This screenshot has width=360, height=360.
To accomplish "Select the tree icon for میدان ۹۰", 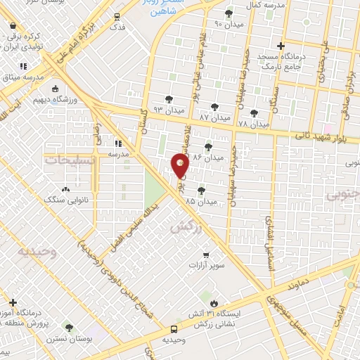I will click(227, 13).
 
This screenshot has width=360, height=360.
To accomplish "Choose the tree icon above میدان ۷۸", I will click(254, 112).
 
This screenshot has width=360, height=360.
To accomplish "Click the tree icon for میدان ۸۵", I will click(201, 190).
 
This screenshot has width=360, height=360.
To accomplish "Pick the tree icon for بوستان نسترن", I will click(69, 328).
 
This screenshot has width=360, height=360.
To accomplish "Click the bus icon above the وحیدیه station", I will click(173, 329).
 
